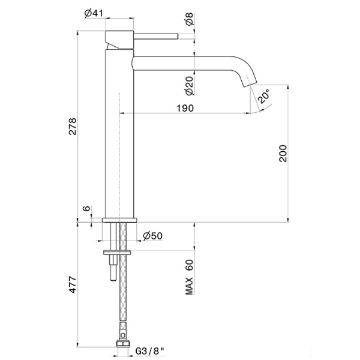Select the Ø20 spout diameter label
[190, 87]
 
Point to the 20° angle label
[263, 96]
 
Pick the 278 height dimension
[73, 139]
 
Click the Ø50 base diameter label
[154, 236]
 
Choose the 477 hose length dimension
[73, 286]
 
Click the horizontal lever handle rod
[156, 35]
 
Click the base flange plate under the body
[121, 220]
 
